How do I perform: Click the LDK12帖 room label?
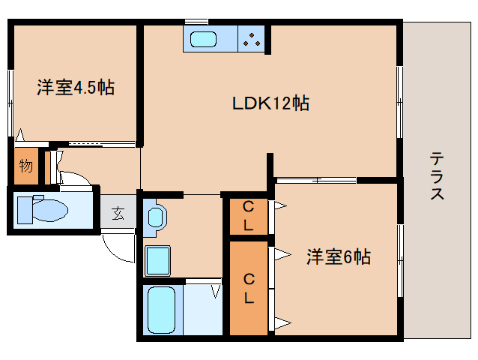pos(270,103)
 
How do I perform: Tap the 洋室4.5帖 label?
pos(76,87)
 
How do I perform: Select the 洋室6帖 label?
pos(337,256)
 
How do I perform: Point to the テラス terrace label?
pos(438,176)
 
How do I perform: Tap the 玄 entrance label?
pos(118,213)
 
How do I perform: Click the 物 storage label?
pos(26,166)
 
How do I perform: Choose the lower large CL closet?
pos(248,287)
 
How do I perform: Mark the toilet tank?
pos(22,208)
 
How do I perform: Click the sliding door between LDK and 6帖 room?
pos(315,180)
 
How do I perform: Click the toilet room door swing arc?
pos(75,180)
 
